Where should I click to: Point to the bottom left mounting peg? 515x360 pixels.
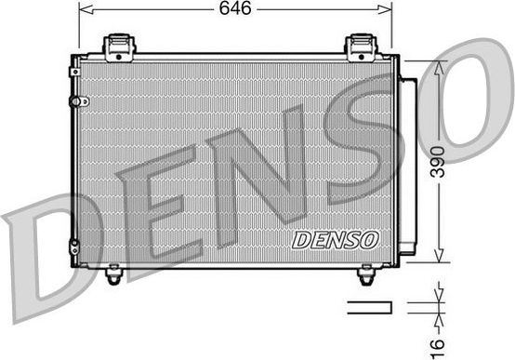(x=113, y=274)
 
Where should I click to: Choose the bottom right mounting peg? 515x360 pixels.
(x=365, y=274)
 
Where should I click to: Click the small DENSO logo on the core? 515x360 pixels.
(x=336, y=240)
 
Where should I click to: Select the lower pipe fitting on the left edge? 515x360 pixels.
(x=74, y=246)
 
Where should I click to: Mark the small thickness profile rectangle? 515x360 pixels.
(x=369, y=307)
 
